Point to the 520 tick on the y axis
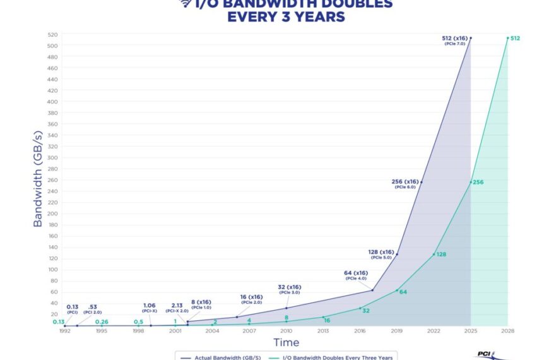[x=52, y=35]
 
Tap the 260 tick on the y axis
[x=52, y=180]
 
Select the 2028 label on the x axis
[x=508, y=330]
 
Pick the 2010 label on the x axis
[x=286, y=330]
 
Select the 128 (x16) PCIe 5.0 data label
[x=381, y=254]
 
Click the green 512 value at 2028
[x=515, y=39]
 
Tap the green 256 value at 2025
[x=478, y=182]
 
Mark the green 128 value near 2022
[x=440, y=254]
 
